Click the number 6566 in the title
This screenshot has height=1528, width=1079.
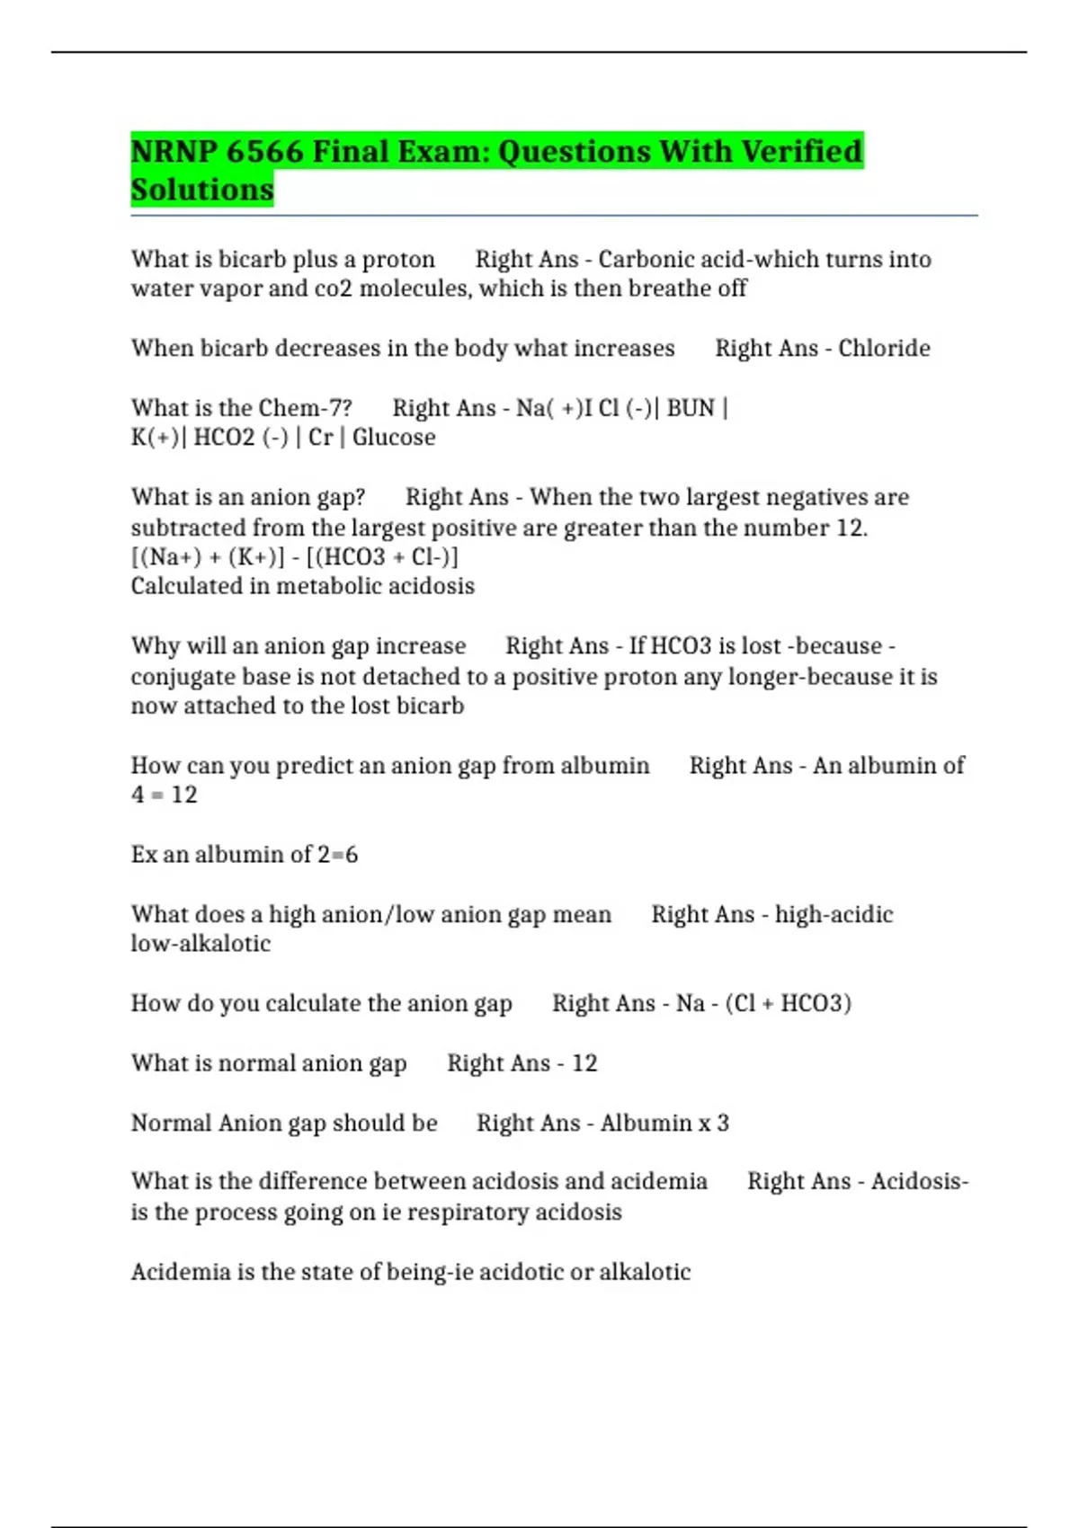click(x=264, y=151)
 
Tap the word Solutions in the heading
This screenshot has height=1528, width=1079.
click(x=202, y=190)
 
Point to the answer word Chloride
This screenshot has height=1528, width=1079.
click(x=884, y=349)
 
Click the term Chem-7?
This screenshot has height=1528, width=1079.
click(x=305, y=408)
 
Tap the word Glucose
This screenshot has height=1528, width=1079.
click(x=394, y=438)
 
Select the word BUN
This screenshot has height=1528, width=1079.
click(x=691, y=408)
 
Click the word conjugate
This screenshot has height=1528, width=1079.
click(x=183, y=676)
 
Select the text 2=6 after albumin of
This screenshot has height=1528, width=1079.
click(x=337, y=855)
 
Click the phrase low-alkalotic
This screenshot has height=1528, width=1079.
click(x=201, y=944)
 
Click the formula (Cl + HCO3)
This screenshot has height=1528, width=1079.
click(x=788, y=1003)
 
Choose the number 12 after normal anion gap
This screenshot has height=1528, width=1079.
click(x=584, y=1063)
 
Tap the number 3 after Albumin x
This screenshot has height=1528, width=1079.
click(x=723, y=1124)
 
